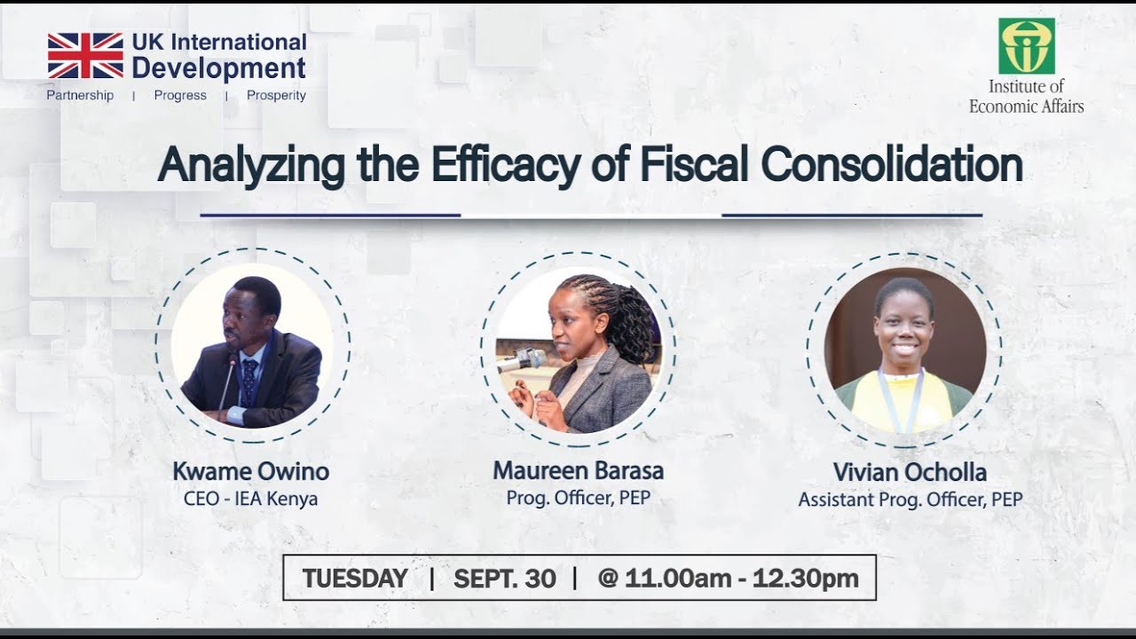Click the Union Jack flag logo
coord(85,56)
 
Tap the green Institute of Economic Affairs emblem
coord(1026,46)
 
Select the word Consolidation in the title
coord(892,165)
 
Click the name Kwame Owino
coord(250,471)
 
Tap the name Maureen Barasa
coord(578,470)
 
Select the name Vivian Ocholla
coord(910,472)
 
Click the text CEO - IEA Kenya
coord(250,499)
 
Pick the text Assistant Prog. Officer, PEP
coord(910,500)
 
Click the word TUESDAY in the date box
coord(355,579)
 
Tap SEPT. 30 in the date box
coord(504,579)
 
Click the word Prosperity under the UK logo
coord(276,96)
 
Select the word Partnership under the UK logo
coord(80,96)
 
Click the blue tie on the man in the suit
coord(249,382)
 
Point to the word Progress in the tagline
coord(180,96)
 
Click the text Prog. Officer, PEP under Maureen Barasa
coord(578,498)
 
